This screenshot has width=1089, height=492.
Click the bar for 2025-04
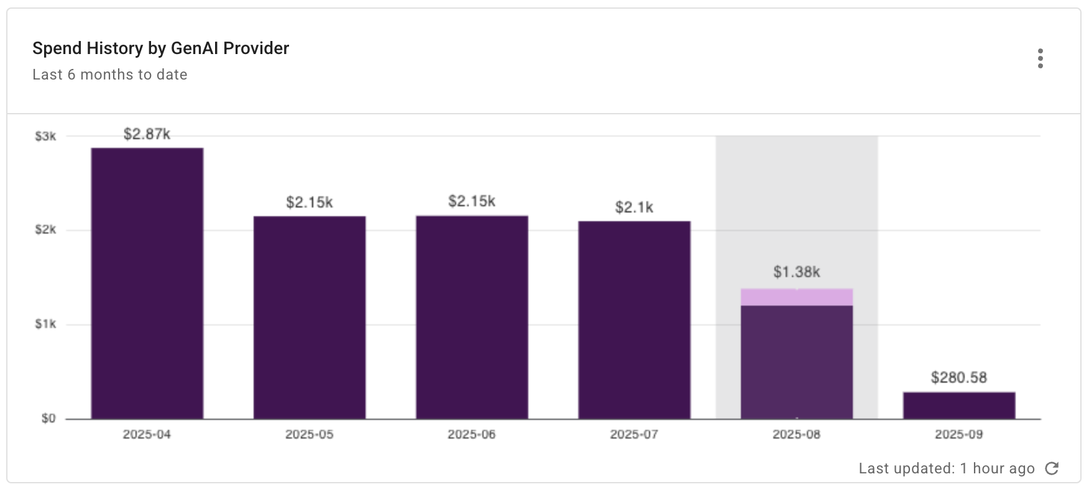147,283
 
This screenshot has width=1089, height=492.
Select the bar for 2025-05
310,317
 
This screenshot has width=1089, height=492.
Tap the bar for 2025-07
634,320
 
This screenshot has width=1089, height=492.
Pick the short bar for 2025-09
959,406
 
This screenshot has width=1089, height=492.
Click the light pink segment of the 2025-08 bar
796,298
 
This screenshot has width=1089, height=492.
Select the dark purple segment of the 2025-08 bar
796,362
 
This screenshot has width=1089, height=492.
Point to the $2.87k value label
147,134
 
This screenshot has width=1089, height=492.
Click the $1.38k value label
796,272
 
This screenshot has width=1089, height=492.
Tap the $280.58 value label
958,378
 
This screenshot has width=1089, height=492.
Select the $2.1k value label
634,207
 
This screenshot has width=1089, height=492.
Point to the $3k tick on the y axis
45,137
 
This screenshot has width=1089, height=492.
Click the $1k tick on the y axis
45,324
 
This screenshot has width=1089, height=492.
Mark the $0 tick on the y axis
48,419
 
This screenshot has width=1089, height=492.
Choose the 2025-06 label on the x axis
472,435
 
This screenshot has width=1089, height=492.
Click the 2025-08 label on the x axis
796,435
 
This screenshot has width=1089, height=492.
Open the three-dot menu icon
1040,58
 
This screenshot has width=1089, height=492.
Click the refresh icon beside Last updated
1052,468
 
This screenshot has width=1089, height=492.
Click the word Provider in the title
256,48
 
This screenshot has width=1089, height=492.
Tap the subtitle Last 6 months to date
110,75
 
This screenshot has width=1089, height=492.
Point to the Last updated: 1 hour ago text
946,468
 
